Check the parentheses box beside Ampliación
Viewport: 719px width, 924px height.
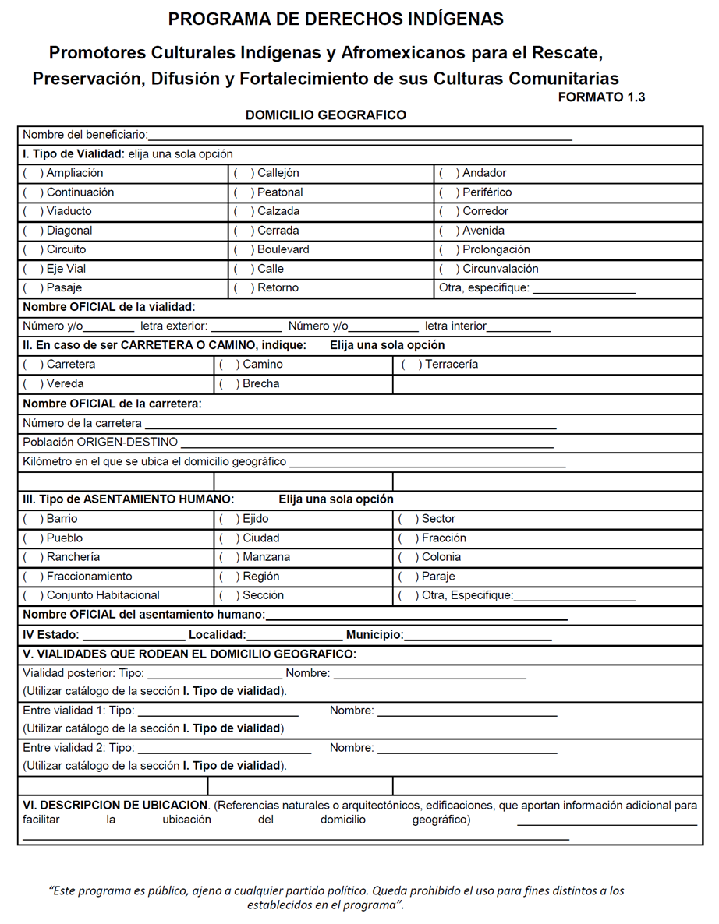[33, 173]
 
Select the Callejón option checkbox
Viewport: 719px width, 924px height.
[243, 173]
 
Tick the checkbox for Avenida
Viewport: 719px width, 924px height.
[448, 231]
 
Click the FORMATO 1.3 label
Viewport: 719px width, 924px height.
[601, 97]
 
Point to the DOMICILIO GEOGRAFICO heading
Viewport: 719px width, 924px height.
[325, 115]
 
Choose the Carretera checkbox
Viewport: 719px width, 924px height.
[33, 365]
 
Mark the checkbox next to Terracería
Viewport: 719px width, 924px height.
[411, 365]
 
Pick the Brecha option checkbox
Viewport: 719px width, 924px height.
[228, 384]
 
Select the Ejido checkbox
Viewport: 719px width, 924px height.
[228, 519]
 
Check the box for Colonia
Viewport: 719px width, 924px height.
[408, 557]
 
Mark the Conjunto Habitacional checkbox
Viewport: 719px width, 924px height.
[33, 595]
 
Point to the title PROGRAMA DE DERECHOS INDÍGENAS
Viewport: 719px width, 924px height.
[335, 19]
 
